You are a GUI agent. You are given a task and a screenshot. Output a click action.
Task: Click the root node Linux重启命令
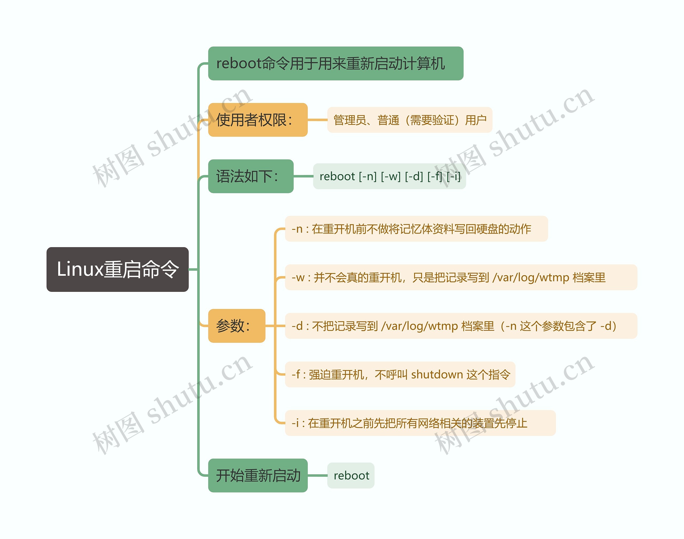point(117,269)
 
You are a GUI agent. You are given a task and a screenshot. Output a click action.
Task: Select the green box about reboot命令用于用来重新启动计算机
point(335,63)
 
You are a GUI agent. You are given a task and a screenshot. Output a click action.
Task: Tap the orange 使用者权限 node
point(258,120)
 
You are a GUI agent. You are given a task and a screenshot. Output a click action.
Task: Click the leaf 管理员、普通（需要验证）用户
point(410,120)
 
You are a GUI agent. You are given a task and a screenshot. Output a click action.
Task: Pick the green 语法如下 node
point(251,176)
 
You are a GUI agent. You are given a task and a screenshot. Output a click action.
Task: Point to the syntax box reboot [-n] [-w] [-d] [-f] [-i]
point(389,176)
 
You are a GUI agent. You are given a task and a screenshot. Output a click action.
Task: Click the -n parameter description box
point(416,229)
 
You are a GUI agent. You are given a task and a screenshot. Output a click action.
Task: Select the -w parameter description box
point(461,277)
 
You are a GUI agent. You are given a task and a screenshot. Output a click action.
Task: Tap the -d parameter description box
point(461,326)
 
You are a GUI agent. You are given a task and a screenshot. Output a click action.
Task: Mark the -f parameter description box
point(400,375)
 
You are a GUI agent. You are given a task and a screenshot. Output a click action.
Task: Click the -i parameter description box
point(420,423)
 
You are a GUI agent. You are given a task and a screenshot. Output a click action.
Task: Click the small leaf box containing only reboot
point(351,476)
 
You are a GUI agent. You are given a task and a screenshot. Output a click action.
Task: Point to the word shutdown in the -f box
point(437,375)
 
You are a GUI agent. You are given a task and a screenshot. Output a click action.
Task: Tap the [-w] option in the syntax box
point(391,176)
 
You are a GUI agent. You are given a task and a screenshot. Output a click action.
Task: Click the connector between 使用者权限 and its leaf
point(317,120)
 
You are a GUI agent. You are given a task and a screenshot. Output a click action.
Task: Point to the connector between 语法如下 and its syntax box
point(303,176)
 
